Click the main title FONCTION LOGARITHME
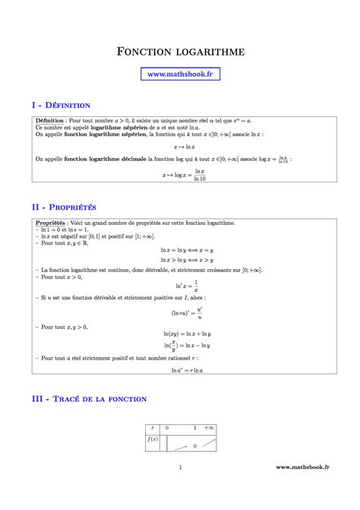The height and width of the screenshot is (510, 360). [x=180, y=52]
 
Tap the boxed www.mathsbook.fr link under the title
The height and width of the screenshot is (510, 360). [x=179, y=74]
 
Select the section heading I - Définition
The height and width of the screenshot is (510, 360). [x=62, y=105]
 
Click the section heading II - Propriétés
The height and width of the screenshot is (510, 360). [x=64, y=207]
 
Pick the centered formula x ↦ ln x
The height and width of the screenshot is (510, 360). [x=179, y=147]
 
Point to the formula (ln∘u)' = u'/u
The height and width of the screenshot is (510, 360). [x=179, y=312]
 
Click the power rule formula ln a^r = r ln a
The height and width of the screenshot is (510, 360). [x=179, y=370]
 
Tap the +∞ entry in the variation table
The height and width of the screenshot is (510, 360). [x=210, y=428]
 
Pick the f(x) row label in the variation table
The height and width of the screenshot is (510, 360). [x=151, y=439]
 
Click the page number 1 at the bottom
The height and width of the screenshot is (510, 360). [x=180, y=489]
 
